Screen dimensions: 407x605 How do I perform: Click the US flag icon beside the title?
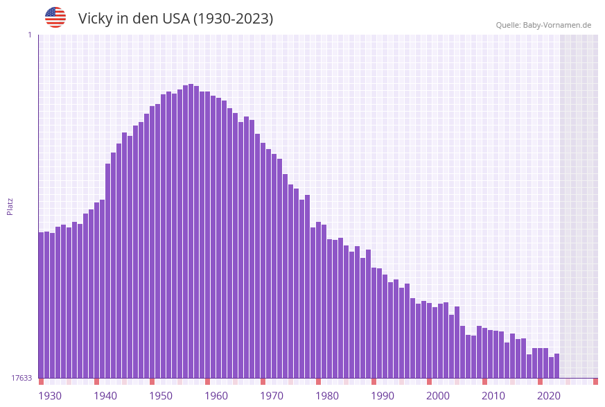point(55,17)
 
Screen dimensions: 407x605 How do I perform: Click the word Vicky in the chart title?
point(95,19)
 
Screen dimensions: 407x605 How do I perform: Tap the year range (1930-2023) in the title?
point(233,19)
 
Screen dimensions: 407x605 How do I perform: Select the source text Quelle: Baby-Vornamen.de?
point(543,25)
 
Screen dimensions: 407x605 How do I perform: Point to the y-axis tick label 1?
point(29,35)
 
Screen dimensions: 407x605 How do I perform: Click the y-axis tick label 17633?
point(21,378)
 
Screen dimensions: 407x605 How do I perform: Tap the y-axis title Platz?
point(10,206)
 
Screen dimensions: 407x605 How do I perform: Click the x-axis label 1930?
point(50,396)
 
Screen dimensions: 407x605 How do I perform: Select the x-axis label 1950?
point(161,396)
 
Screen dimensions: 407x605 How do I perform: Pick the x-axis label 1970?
point(272,396)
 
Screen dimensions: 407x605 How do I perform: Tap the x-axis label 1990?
point(383,396)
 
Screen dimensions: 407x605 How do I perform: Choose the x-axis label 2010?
point(493,396)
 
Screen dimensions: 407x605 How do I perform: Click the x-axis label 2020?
point(549,396)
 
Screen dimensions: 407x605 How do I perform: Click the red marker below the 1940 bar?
point(97,381)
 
